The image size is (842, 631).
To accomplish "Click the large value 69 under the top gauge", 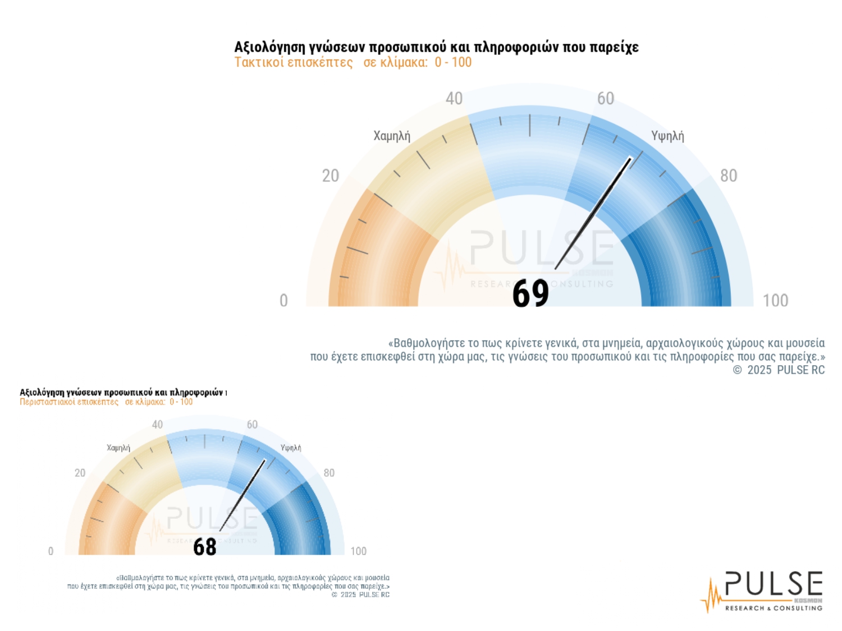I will pos(530,293).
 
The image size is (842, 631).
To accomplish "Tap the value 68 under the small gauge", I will pos(205,547).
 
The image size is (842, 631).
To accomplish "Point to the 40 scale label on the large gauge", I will pos(454,99).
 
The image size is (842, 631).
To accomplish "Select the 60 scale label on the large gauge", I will pos(606,99).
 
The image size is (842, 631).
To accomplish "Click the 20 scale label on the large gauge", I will pos(331,176).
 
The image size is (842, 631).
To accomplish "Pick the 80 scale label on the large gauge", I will pos(729,176).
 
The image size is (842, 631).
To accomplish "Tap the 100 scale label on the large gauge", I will pos(775,301).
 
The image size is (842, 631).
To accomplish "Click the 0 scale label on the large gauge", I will pos(283,301).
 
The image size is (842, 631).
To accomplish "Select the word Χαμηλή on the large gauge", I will pos(392,136).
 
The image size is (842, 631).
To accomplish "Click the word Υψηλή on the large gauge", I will pos(667,136).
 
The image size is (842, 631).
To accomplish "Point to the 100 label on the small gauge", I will pos(358,551).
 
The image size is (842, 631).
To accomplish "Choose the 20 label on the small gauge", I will pos(80,473).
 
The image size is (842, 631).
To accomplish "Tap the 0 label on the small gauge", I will pos(51,551).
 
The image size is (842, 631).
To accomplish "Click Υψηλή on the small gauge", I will pos(291,448).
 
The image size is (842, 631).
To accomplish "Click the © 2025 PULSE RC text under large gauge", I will pos(779,370).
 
